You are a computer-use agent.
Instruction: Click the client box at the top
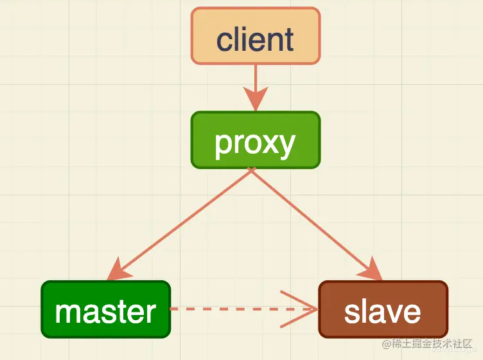256,36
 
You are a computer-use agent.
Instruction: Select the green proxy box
256,140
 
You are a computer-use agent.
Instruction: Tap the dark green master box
106,309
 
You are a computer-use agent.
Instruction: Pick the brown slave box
383,309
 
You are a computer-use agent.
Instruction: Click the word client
256,40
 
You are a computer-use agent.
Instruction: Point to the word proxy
256,143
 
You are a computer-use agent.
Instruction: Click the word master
106,311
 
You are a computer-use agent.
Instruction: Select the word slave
383,311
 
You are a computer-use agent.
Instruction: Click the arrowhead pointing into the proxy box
256,101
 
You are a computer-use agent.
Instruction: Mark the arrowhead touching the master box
119,270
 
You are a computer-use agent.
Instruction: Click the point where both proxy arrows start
252,169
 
